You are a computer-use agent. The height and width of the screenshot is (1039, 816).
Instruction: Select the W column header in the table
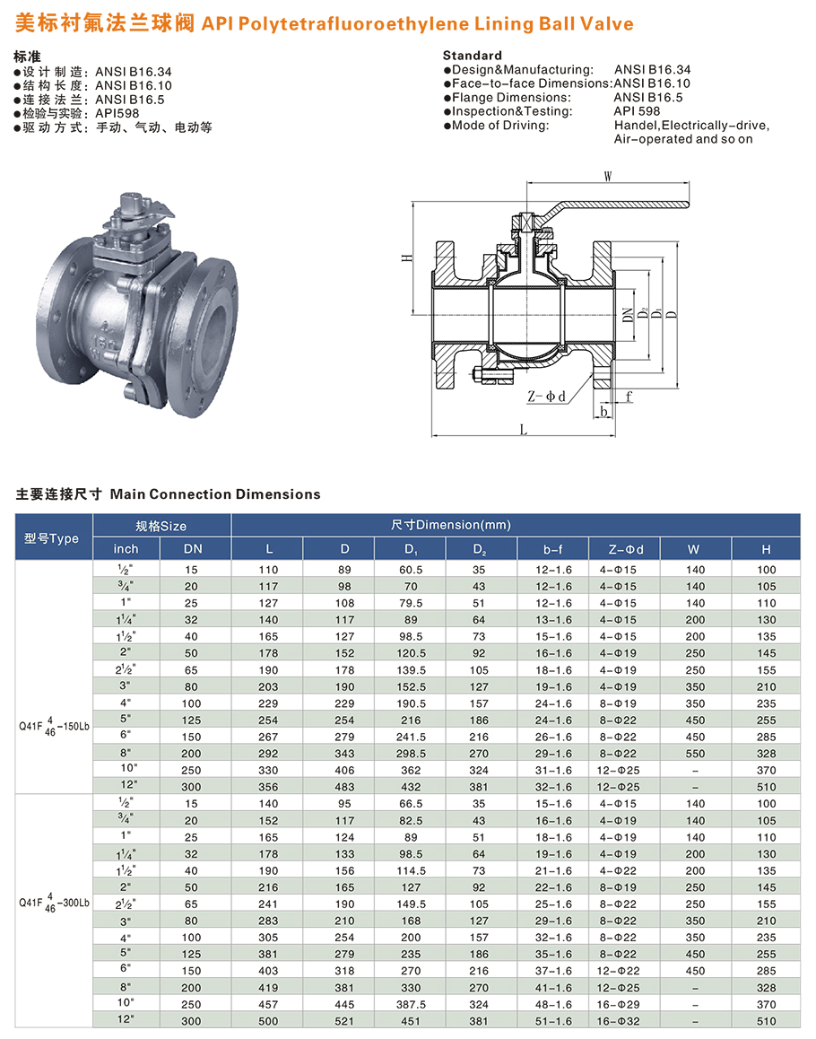tap(693, 549)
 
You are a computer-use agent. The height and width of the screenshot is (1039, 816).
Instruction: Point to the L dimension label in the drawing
tap(524, 430)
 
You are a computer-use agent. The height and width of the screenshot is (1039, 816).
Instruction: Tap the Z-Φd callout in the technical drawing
tap(546, 397)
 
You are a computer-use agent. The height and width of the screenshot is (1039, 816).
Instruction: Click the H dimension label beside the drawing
tap(407, 258)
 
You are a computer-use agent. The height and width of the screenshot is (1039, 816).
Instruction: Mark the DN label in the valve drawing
tap(628, 315)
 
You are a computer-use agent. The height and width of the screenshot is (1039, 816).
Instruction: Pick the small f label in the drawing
tap(629, 397)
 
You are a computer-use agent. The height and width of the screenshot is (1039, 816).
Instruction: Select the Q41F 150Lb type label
tap(54, 726)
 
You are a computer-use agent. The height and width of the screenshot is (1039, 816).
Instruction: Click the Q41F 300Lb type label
tap(54, 903)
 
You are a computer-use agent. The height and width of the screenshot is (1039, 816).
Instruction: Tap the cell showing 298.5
tap(411, 754)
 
